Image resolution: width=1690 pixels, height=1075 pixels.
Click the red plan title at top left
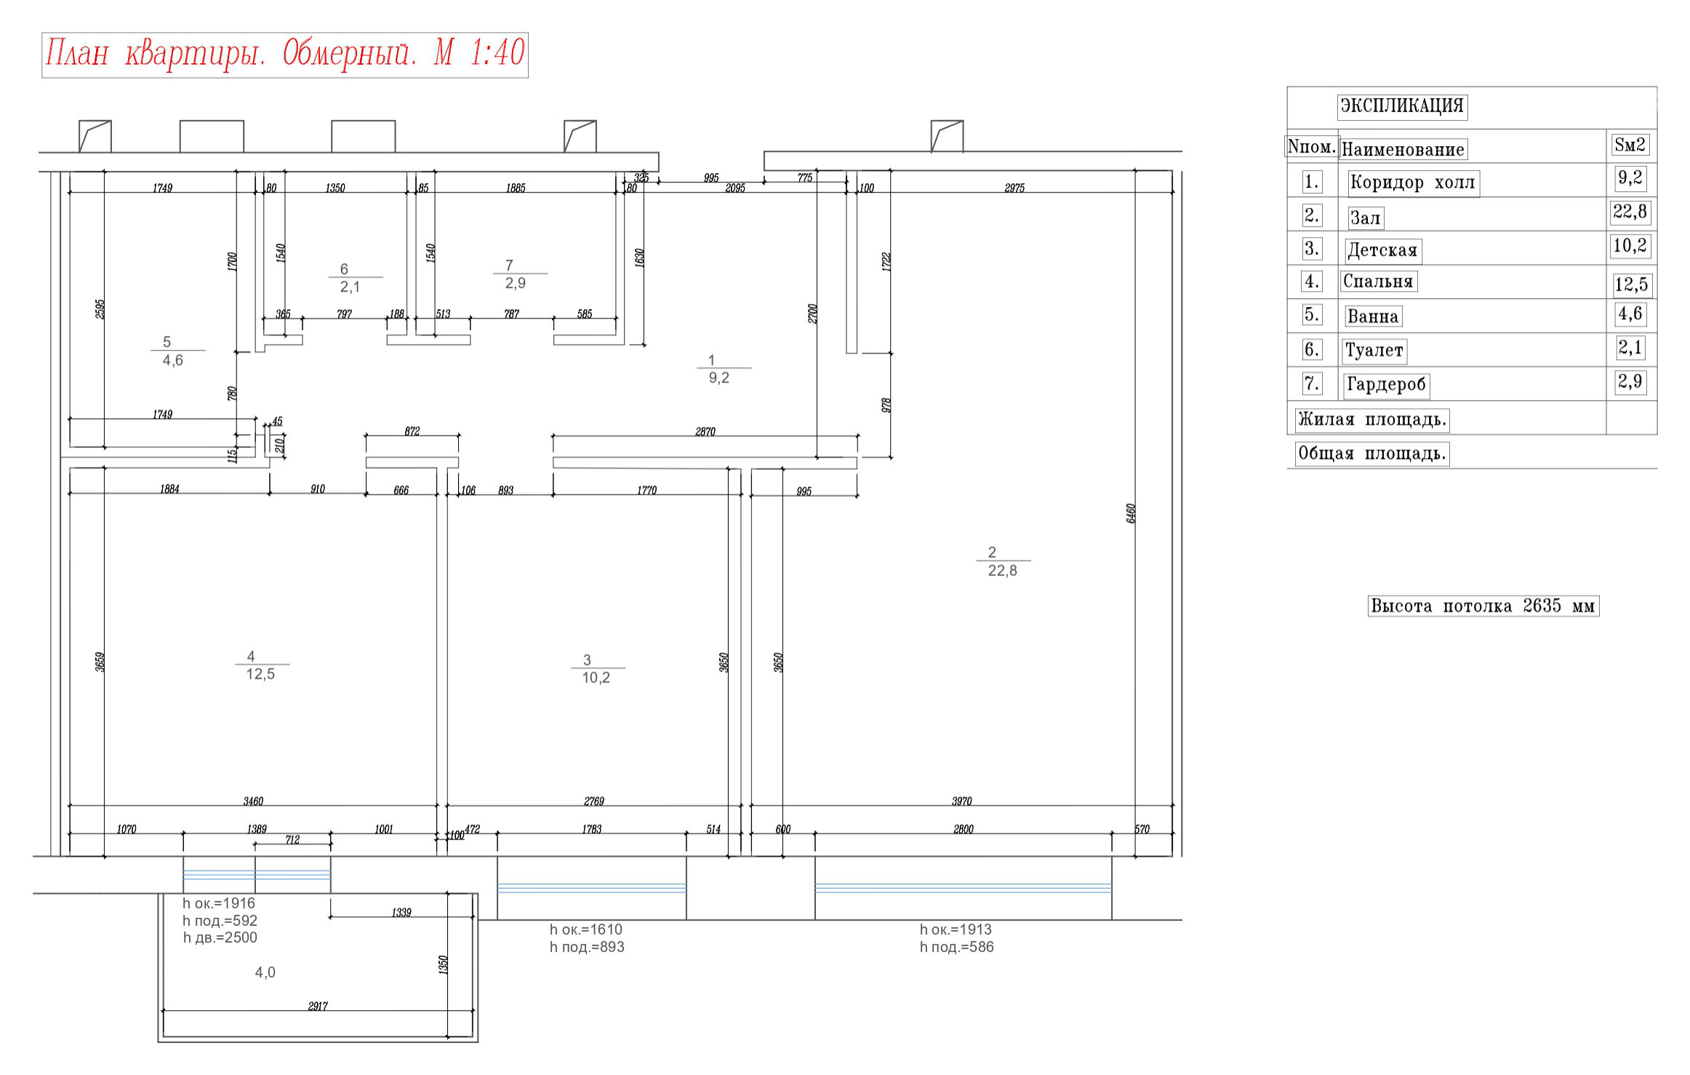click(284, 55)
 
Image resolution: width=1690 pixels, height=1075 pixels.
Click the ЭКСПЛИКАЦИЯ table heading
click(1401, 106)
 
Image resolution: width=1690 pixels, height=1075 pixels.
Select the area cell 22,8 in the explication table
click(1630, 212)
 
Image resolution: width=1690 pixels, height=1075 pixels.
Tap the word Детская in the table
click(1382, 251)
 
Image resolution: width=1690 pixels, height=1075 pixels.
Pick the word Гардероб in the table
click(1386, 385)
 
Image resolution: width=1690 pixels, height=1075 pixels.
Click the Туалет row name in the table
click(1374, 351)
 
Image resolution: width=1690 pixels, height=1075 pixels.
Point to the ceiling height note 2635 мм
click(1483, 606)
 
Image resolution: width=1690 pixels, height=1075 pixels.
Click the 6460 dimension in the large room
click(1131, 513)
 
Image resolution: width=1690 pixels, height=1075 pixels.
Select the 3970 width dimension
click(961, 802)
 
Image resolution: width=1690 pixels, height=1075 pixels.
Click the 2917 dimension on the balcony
click(318, 1007)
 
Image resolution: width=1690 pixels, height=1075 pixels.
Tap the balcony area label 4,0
click(265, 972)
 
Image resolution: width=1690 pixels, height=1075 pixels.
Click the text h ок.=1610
click(586, 930)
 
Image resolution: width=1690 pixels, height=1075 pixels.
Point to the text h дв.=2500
click(220, 938)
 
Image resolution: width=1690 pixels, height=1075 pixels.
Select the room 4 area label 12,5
click(260, 674)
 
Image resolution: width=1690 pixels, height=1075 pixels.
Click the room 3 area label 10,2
click(596, 678)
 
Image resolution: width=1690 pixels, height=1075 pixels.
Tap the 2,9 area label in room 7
click(516, 284)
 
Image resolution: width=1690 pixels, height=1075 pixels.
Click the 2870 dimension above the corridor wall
click(705, 432)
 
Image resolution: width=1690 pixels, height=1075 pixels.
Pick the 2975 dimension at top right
click(1014, 188)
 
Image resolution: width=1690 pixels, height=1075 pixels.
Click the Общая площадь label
click(1371, 454)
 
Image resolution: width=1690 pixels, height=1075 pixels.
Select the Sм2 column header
click(1630, 145)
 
